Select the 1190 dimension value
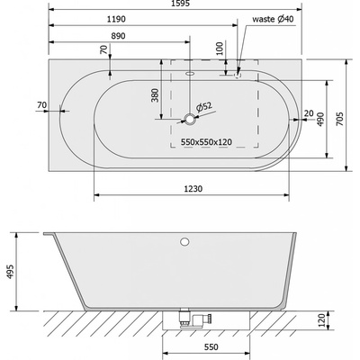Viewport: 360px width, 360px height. tap(116, 19)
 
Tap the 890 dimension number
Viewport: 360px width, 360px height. tap(118, 36)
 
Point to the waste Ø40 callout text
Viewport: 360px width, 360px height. tap(273, 19)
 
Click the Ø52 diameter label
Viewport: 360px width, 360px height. tap(204, 107)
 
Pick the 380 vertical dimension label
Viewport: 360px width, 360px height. tap(155, 95)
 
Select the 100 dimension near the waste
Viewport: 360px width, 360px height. tap(220, 49)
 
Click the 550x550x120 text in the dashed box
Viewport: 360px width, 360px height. tap(206, 141)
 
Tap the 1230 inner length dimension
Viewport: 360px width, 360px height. tap(193, 189)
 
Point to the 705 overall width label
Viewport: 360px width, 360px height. tap(339, 119)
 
